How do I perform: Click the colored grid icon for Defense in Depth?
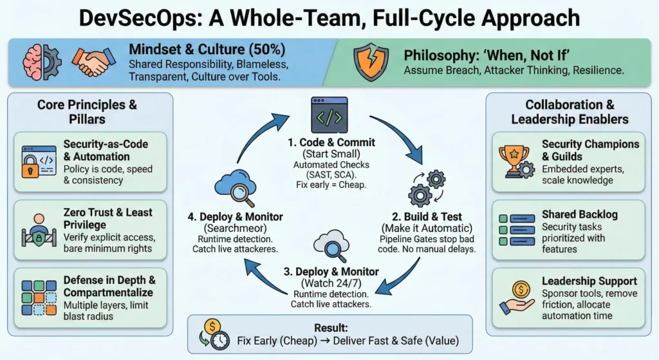[x=37, y=297]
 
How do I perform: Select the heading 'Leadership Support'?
[x=589, y=281]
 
